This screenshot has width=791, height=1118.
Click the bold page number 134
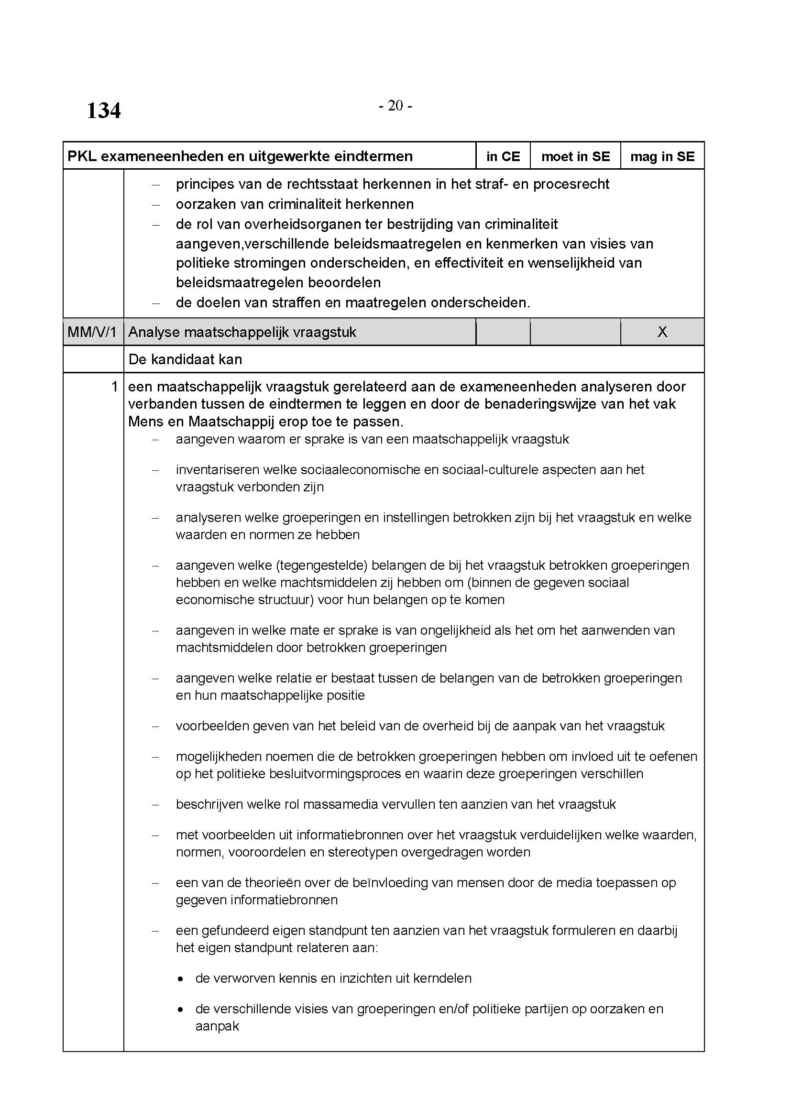click(x=103, y=110)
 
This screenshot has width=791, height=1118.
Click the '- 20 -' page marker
click(x=395, y=105)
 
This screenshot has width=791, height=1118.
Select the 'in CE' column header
click(x=503, y=156)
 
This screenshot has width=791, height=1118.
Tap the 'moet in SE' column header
click(x=575, y=156)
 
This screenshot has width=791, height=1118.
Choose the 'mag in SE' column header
click(x=662, y=156)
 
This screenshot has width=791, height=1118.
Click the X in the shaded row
click(x=662, y=332)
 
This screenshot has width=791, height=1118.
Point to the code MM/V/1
click(x=92, y=332)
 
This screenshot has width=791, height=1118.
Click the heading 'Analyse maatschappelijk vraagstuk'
click(x=242, y=332)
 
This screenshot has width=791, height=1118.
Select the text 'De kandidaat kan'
click(x=185, y=359)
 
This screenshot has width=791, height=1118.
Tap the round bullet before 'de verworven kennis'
click(x=181, y=979)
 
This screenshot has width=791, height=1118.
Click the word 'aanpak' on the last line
click(x=217, y=1026)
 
